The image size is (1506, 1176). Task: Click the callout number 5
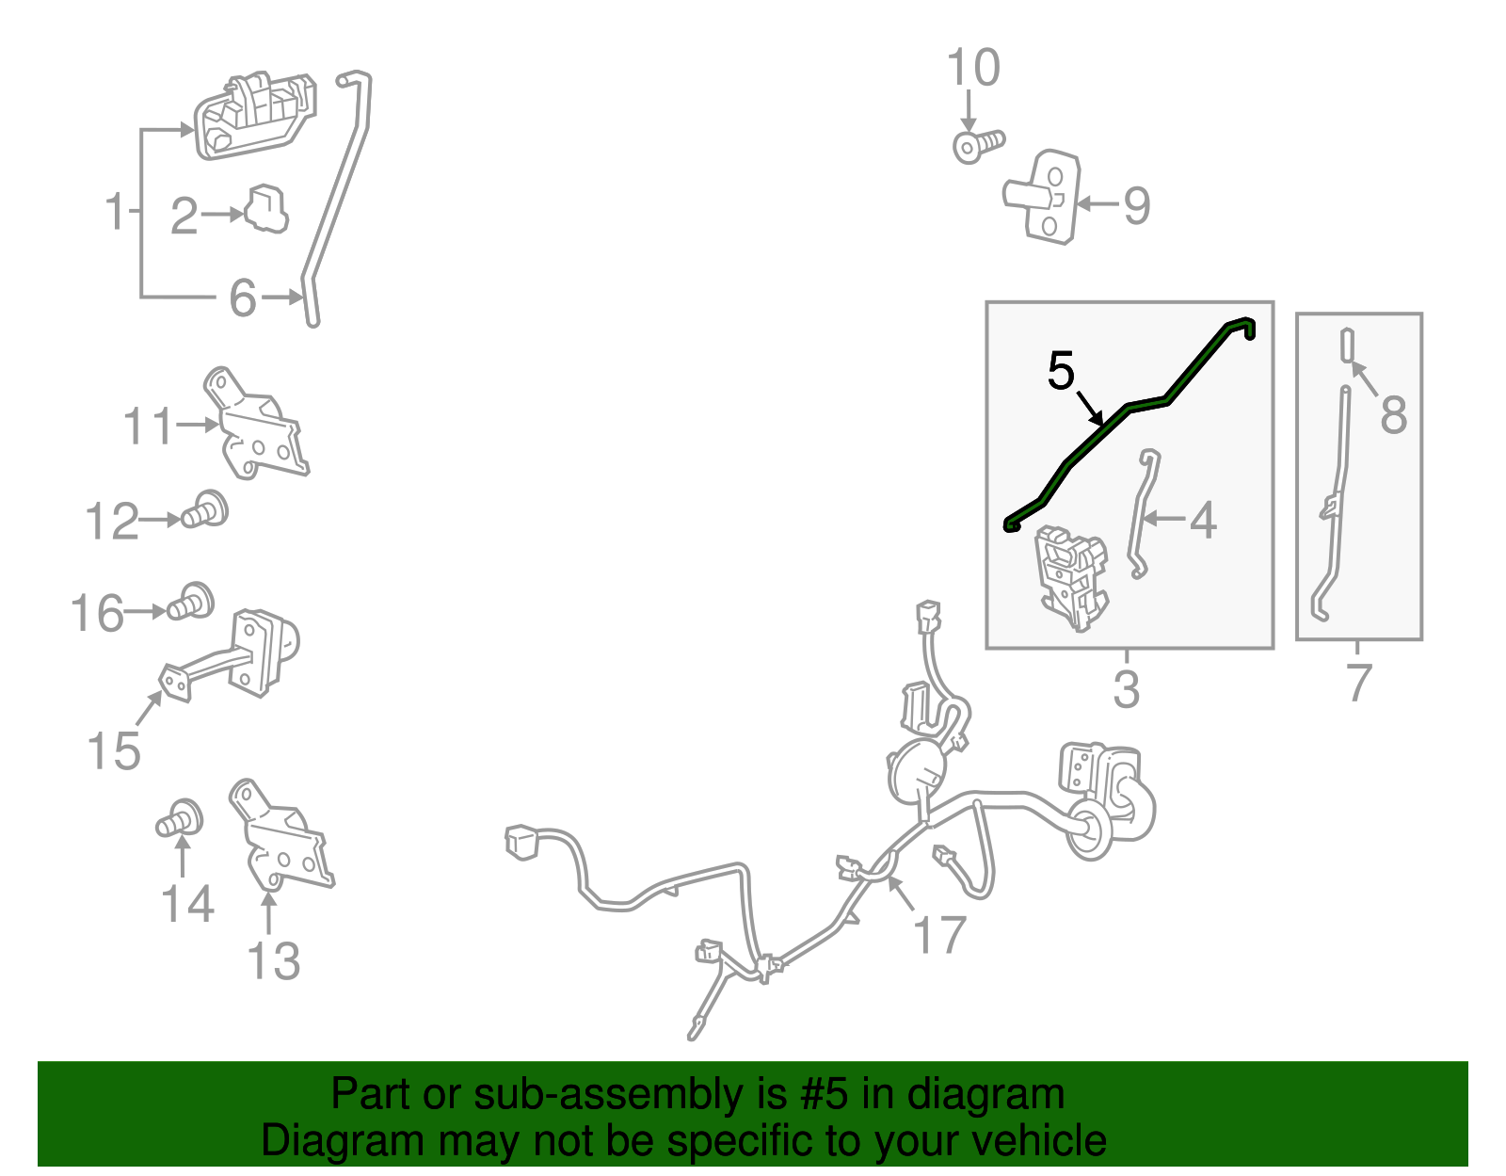(x=1061, y=371)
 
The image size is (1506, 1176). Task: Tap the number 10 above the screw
(x=973, y=67)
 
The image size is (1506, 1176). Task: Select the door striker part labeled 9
(x=1042, y=197)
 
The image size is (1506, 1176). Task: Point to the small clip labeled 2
(x=266, y=208)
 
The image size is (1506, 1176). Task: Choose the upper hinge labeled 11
(x=256, y=424)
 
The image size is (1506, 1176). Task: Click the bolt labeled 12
(x=205, y=510)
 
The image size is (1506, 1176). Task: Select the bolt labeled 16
(x=190, y=601)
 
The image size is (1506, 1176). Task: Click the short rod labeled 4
(x=1144, y=513)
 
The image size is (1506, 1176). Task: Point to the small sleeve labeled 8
(x=1347, y=346)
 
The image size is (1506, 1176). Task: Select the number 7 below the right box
(x=1357, y=683)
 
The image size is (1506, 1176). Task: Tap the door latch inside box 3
(x=1070, y=578)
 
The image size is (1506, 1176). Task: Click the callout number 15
(x=114, y=750)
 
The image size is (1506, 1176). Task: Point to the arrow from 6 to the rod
(x=282, y=298)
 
